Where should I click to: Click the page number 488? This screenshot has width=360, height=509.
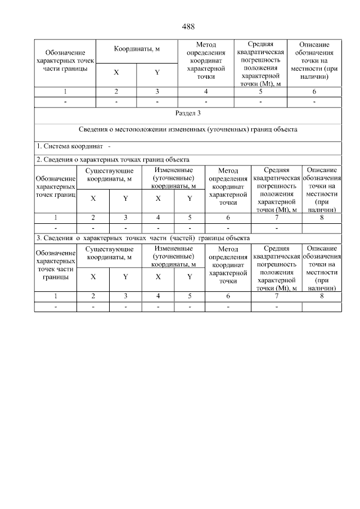click(188, 26)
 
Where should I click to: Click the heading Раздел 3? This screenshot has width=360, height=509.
click(188, 114)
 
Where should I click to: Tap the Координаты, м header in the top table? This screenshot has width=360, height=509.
click(137, 49)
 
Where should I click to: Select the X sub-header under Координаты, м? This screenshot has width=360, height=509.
click(116, 73)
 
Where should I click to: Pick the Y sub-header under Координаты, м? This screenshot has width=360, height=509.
click(157, 73)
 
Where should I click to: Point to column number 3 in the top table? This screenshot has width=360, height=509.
click(157, 92)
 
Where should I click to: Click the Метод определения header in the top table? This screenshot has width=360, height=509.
click(206, 60)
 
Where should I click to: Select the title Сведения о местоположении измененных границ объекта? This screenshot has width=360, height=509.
click(188, 130)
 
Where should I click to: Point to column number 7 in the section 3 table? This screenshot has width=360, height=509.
click(276, 295)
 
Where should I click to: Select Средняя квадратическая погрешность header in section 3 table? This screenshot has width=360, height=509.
click(276, 267)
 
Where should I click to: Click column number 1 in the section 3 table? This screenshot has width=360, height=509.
click(55, 295)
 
